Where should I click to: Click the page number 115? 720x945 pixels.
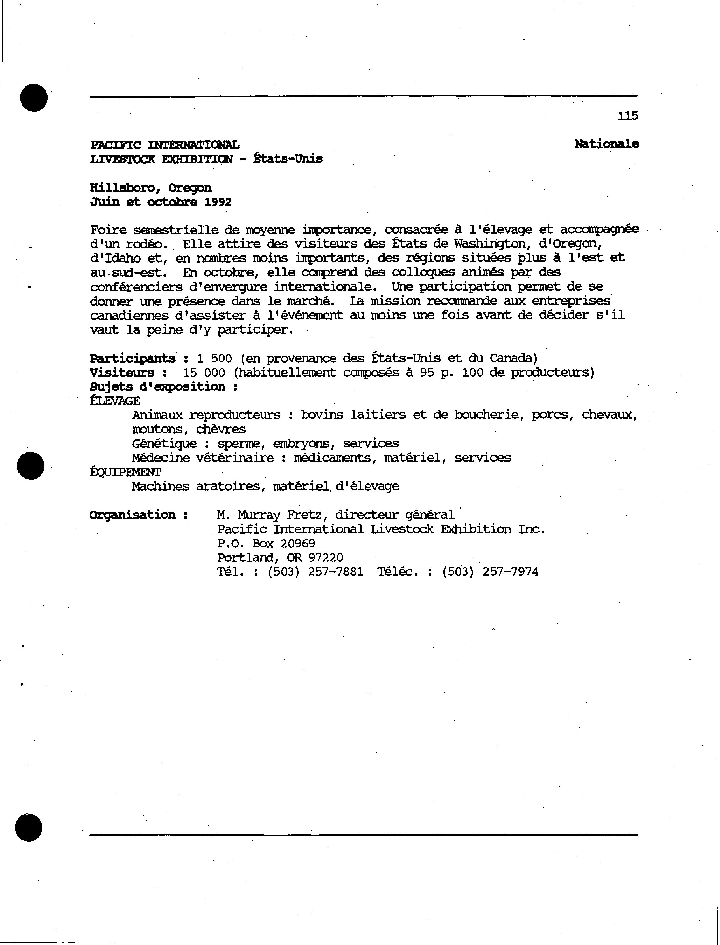628,116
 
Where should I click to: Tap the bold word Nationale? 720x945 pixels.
606,144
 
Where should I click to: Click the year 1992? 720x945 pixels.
218,202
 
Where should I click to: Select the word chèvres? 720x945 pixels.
221,429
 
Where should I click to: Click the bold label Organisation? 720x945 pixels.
133,515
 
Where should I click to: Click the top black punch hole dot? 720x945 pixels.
33,98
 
